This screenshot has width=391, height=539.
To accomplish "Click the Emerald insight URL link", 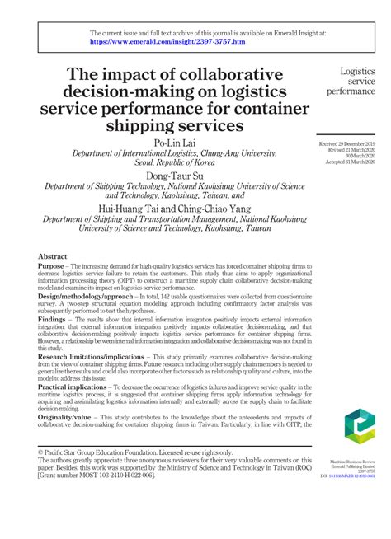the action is pos(167,40).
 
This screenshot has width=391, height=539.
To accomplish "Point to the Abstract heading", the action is pos(52,257).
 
